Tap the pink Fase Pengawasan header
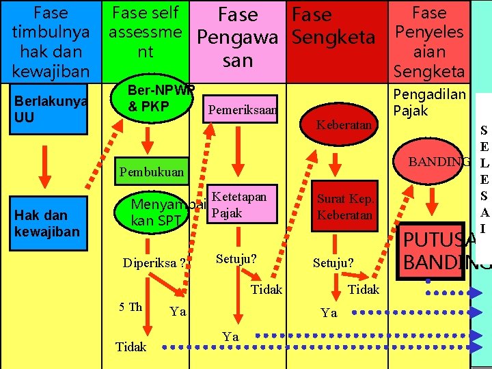pyautogui.click(x=237, y=38)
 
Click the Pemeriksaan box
pyautogui.click(x=243, y=109)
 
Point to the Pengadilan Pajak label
pyautogui.click(x=429, y=102)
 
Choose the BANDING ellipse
pyautogui.click(x=437, y=161)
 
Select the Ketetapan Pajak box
pyautogui.click(x=239, y=204)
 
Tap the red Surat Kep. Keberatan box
pyautogui.click(x=344, y=207)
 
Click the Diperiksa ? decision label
pyautogui.click(x=154, y=262)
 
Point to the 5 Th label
pyautogui.click(x=130, y=307)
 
